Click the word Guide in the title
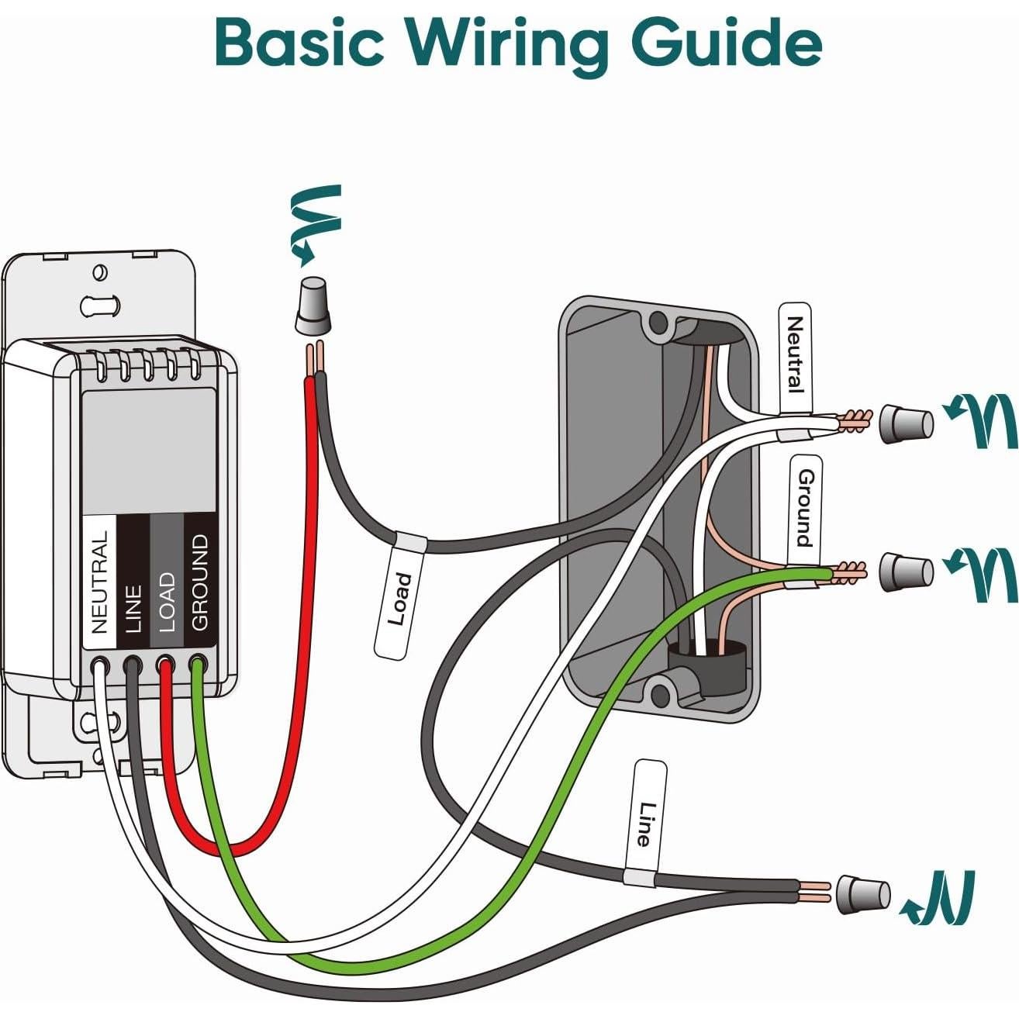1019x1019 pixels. pos(725,44)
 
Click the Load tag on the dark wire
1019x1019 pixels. pos(400,598)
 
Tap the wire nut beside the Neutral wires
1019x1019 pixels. pos(905,423)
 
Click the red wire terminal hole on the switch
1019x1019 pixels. pos(164,665)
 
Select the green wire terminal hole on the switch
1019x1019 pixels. pos(197,665)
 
